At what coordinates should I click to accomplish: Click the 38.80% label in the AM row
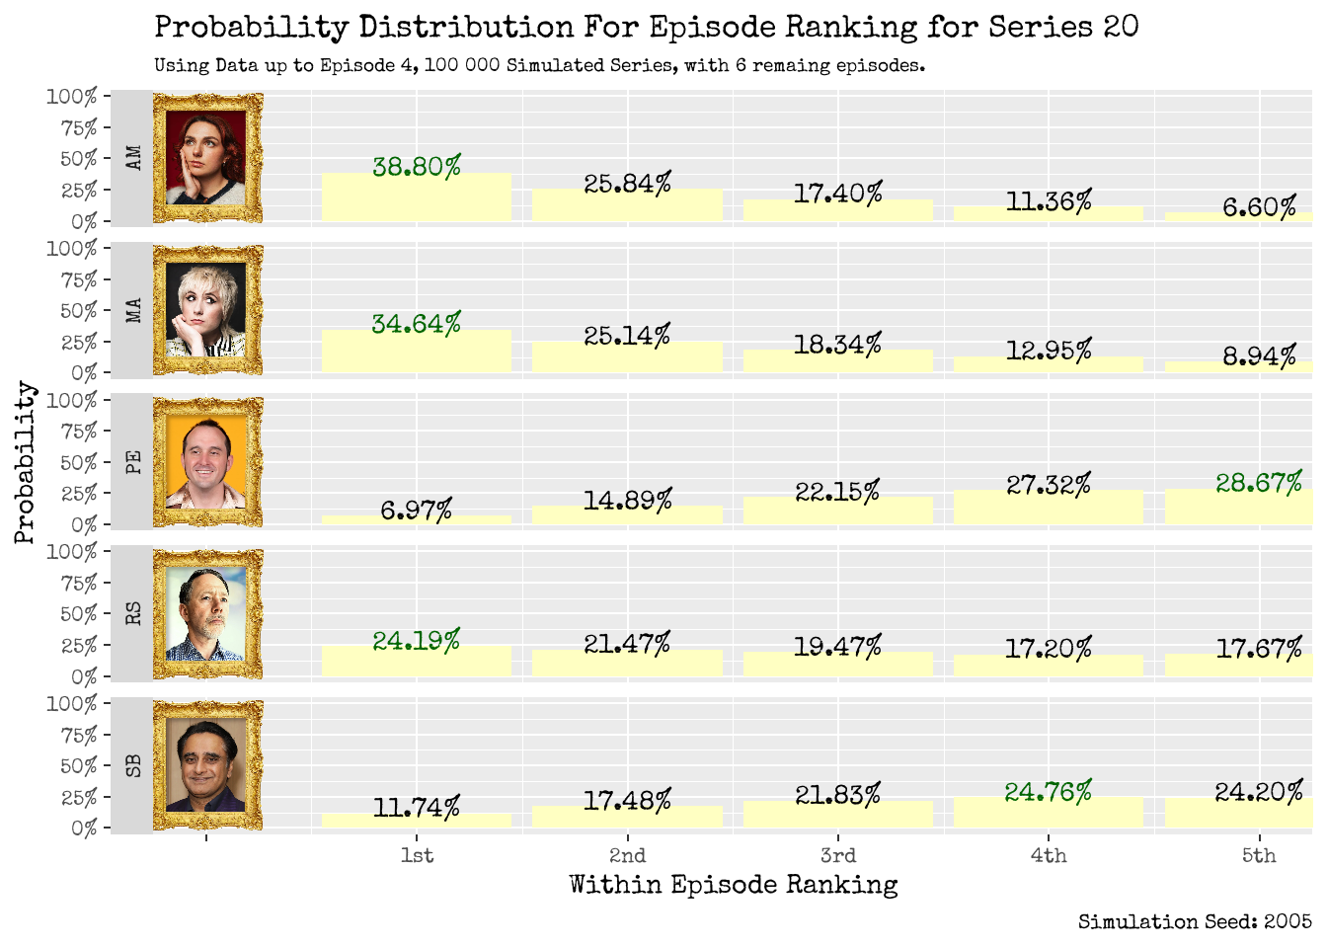(417, 167)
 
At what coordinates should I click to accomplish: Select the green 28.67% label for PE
(1258, 483)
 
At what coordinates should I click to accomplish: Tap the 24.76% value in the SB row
(1048, 792)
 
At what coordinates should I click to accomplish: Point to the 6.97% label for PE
(417, 511)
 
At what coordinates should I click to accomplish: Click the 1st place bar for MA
(417, 352)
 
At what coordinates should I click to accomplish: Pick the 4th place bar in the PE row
(1048, 508)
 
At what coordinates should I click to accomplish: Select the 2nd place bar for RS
(627, 664)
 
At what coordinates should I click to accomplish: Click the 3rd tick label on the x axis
(837, 855)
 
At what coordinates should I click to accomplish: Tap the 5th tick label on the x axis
(1258, 855)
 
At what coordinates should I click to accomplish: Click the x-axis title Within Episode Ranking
(733, 885)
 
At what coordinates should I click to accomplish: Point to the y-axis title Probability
(25, 462)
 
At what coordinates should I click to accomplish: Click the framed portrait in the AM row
(207, 158)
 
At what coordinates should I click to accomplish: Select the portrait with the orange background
(207, 462)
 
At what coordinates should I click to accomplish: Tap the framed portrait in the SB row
(207, 765)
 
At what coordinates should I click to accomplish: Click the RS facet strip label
(133, 613)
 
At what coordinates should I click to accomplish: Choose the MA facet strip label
(133, 310)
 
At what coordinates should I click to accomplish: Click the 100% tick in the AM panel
(71, 97)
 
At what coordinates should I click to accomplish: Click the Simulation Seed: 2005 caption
(1194, 922)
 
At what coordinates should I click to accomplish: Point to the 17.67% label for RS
(1258, 649)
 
